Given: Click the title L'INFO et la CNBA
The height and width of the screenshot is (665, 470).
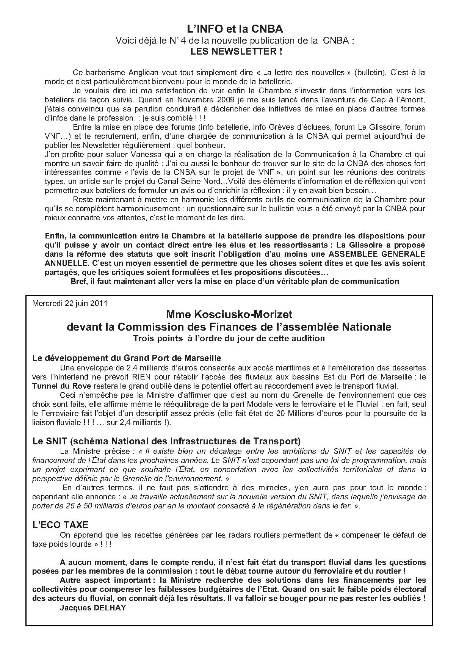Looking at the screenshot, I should tap(235, 29).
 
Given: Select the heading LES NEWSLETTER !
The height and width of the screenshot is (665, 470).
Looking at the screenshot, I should tap(236, 51).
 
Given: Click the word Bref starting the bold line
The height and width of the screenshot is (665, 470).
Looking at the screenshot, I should tap(79, 281).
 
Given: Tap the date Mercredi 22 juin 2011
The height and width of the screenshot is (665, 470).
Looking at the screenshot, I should tap(70, 303).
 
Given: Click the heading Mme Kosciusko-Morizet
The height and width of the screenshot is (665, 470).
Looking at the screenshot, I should tap(229, 315).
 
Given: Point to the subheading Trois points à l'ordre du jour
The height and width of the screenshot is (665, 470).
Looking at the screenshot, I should tap(229, 339).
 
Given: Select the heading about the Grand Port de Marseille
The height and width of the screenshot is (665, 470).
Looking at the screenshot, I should tap(127, 358).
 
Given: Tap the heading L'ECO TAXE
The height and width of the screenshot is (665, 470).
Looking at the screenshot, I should tap(60, 525).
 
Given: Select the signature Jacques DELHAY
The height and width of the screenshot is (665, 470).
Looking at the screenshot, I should tap(93, 607).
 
